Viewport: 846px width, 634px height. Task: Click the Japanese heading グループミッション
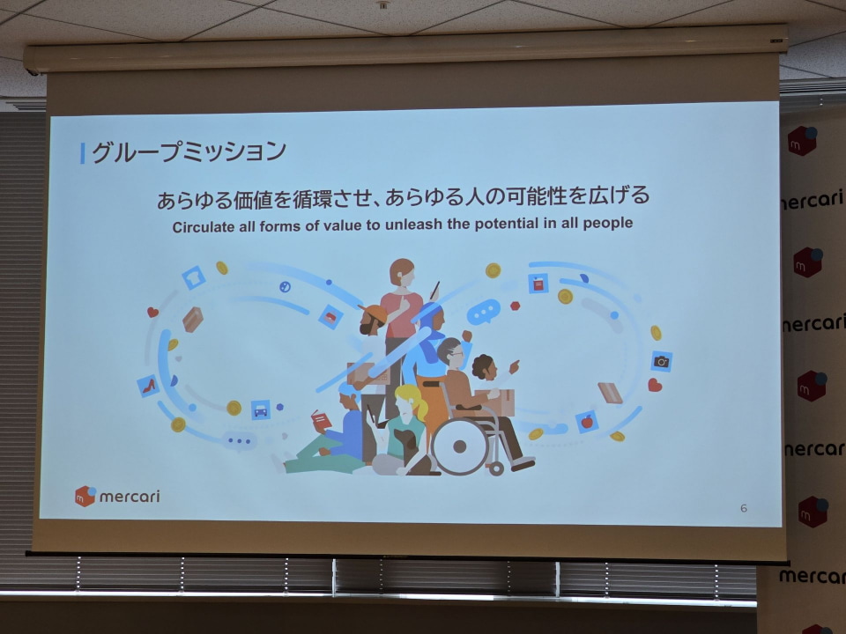189,151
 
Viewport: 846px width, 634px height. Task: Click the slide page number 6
744,508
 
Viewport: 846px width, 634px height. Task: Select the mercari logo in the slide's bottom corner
117,496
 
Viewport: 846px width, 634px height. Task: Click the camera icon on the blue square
662,360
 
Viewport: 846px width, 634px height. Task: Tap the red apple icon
587,422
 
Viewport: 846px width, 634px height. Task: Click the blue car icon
260,409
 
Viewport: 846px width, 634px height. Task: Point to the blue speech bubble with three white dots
483,312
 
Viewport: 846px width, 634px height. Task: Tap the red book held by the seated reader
322,422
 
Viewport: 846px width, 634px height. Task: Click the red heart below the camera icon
655,385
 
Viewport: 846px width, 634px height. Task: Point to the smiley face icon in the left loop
285,286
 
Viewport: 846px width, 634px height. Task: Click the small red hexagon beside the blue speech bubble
515,306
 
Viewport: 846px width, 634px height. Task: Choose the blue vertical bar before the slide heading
83,152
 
